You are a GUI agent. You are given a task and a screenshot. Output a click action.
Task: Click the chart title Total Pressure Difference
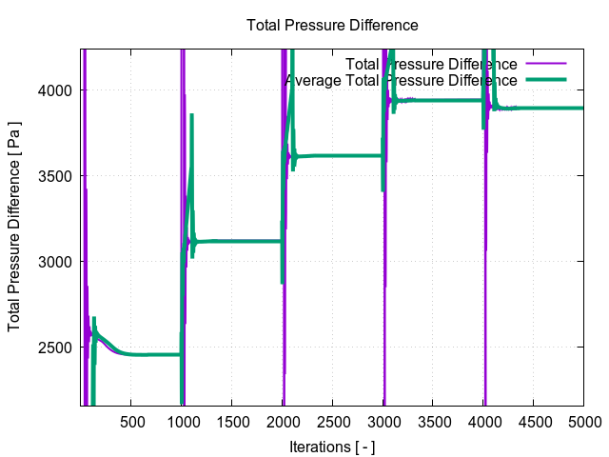click(332, 25)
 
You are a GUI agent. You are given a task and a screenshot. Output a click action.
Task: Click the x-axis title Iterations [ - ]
click(332, 446)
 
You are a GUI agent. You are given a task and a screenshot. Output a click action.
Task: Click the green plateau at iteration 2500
click(333, 155)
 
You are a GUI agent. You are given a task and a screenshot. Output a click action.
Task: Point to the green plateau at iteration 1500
click(232, 241)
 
